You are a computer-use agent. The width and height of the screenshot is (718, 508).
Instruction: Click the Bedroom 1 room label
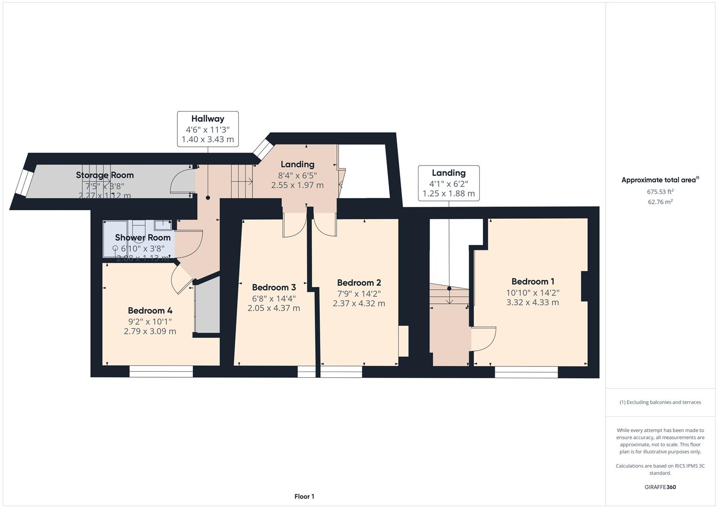point(533,282)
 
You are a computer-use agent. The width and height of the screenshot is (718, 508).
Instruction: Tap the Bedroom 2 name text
point(359,283)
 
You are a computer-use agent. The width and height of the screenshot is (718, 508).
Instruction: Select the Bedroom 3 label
point(274,287)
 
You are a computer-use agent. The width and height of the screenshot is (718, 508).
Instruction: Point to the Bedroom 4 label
point(150,310)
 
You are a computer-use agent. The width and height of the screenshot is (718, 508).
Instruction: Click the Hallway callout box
point(207,129)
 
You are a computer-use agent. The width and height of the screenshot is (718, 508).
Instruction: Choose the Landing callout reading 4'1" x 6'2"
point(449,183)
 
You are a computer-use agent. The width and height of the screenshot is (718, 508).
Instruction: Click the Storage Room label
point(105,175)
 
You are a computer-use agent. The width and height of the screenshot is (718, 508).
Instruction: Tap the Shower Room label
point(142,238)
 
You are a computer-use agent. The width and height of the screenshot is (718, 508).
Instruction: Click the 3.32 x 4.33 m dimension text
point(532,302)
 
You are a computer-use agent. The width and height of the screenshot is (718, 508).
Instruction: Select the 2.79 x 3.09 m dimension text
point(150,331)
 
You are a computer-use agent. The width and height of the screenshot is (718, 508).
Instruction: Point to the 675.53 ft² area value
point(660,191)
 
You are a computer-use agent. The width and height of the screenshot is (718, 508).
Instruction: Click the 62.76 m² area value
point(660,202)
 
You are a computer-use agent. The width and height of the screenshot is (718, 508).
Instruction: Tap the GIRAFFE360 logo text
point(660,487)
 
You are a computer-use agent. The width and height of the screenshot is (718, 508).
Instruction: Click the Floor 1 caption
point(304,496)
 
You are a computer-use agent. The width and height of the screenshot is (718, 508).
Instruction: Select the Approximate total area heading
point(660,180)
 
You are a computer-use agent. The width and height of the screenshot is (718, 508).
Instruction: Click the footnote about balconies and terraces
point(660,402)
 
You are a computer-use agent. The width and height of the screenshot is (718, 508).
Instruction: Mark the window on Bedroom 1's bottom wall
point(526,372)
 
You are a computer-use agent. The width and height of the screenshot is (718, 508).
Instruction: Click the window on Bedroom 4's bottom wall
point(161,372)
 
